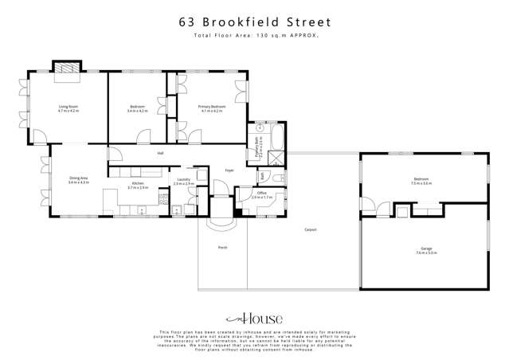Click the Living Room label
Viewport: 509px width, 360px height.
[67, 106]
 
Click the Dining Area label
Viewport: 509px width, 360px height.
[78, 178]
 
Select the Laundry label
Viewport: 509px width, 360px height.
[182, 180]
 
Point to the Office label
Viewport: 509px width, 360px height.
[261, 193]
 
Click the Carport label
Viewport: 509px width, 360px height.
[311, 229]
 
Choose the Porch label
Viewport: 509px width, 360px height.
[223, 248]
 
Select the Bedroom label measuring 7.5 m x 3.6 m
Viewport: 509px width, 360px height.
[421, 180]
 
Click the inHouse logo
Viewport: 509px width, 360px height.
[254, 315]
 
